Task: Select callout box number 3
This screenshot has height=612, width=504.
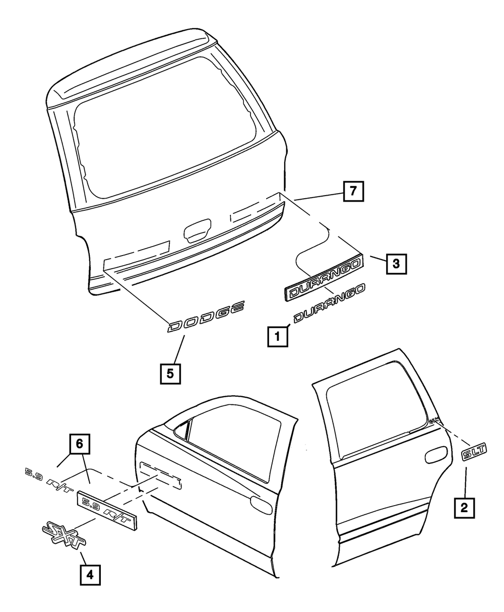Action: pyautogui.click(x=397, y=263)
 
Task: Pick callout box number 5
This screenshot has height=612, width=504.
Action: pyautogui.click(x=170, y=374)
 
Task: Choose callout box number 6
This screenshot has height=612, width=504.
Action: pyautogui.click(x=79, y=444)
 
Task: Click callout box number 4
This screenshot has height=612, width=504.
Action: pyautogui.click(x=89, y=575)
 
